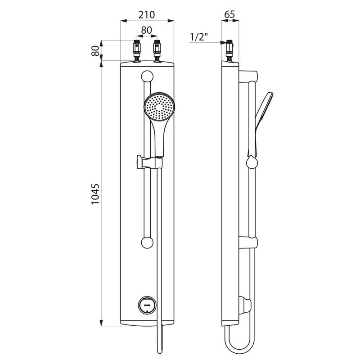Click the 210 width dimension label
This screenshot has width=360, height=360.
(x=147, y=15)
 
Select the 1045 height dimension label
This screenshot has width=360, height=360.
(x=95, y=194)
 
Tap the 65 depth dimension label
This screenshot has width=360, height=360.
(x=229, y=14)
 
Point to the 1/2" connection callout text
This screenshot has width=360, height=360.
(x=199, y=37)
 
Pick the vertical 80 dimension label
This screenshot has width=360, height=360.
(x=95, y=51)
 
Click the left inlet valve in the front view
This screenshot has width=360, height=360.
(x=137, y=51)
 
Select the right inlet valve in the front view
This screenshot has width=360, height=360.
(x=157, y=51)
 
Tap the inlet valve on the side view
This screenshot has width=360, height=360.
(x=229, y=51)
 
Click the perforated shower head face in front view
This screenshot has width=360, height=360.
(x=159, y=107)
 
